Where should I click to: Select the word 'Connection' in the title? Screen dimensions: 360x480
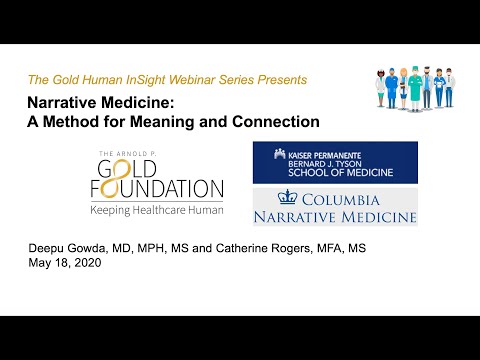pos(275,122)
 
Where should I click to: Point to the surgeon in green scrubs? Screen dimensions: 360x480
pos(412,88)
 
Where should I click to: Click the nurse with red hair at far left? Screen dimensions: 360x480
pos(379,89)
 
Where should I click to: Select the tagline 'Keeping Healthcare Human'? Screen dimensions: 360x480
pos(156,211)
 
